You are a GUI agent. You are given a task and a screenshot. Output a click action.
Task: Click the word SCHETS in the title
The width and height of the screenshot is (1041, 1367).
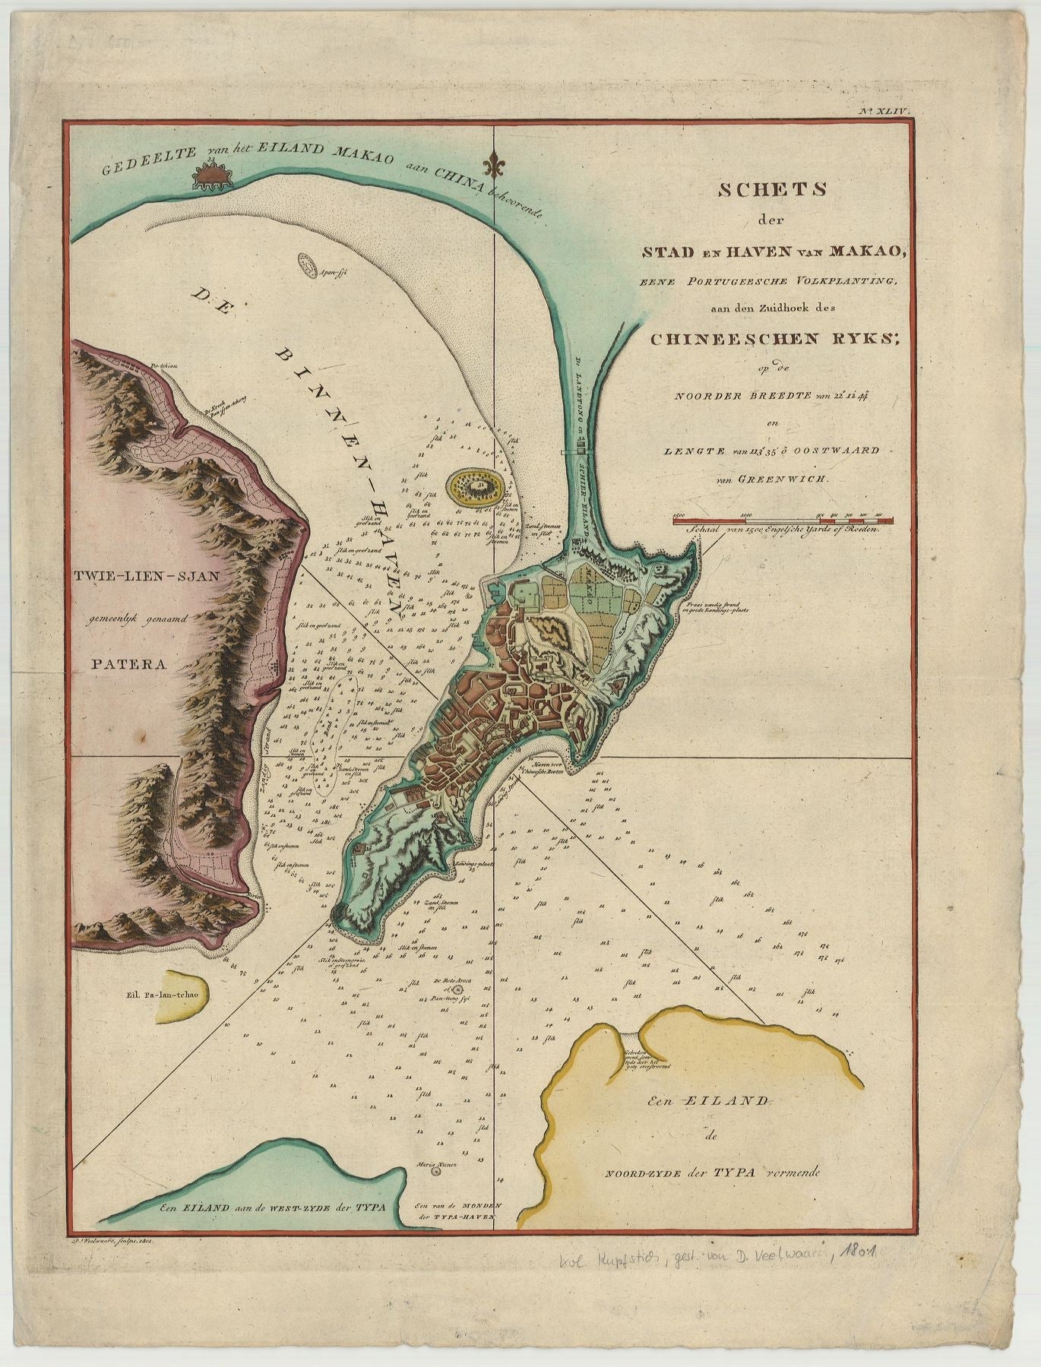click(772, 191)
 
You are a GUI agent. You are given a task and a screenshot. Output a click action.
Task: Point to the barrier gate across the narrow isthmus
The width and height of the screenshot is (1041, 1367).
click(582, 451)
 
